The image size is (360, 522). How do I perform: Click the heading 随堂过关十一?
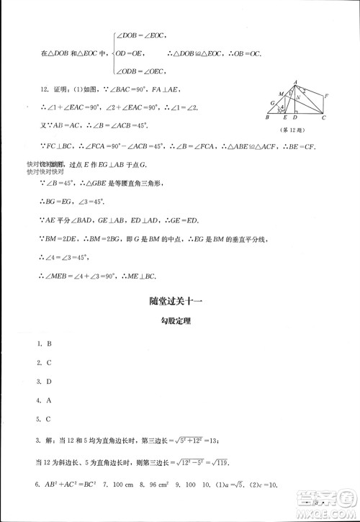click(179, 304)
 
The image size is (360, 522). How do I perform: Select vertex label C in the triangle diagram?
click(323, 118)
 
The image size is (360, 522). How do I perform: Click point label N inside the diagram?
click(297, 99)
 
